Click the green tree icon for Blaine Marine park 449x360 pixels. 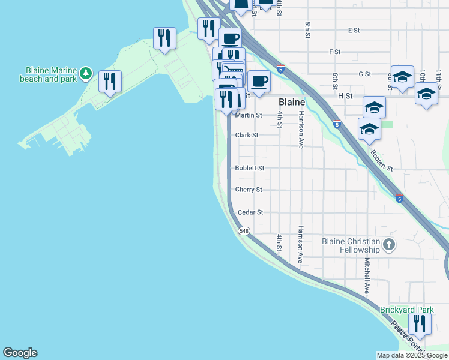click(86, 73)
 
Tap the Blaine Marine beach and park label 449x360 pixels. click(49, 74)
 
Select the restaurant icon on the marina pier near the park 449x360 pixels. click(110, 81)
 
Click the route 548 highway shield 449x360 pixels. click(243, 231)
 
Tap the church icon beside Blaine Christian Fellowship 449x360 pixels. click(389, 244)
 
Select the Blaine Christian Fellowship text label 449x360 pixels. click(351, 245)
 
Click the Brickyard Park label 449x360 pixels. click(406, 310)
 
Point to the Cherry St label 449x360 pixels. click(249, 190)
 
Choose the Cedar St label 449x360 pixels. click(250, 212)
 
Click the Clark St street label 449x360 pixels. click(246, 136)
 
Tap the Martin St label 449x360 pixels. click(249, 115)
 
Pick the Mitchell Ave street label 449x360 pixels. click(366, 276)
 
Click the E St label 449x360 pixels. click(353, 29)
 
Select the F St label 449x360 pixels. click(335, 52)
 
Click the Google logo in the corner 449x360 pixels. click(20, 353)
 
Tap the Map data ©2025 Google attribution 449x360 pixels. click(412, 355)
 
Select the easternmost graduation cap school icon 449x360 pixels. click(426, 94)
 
